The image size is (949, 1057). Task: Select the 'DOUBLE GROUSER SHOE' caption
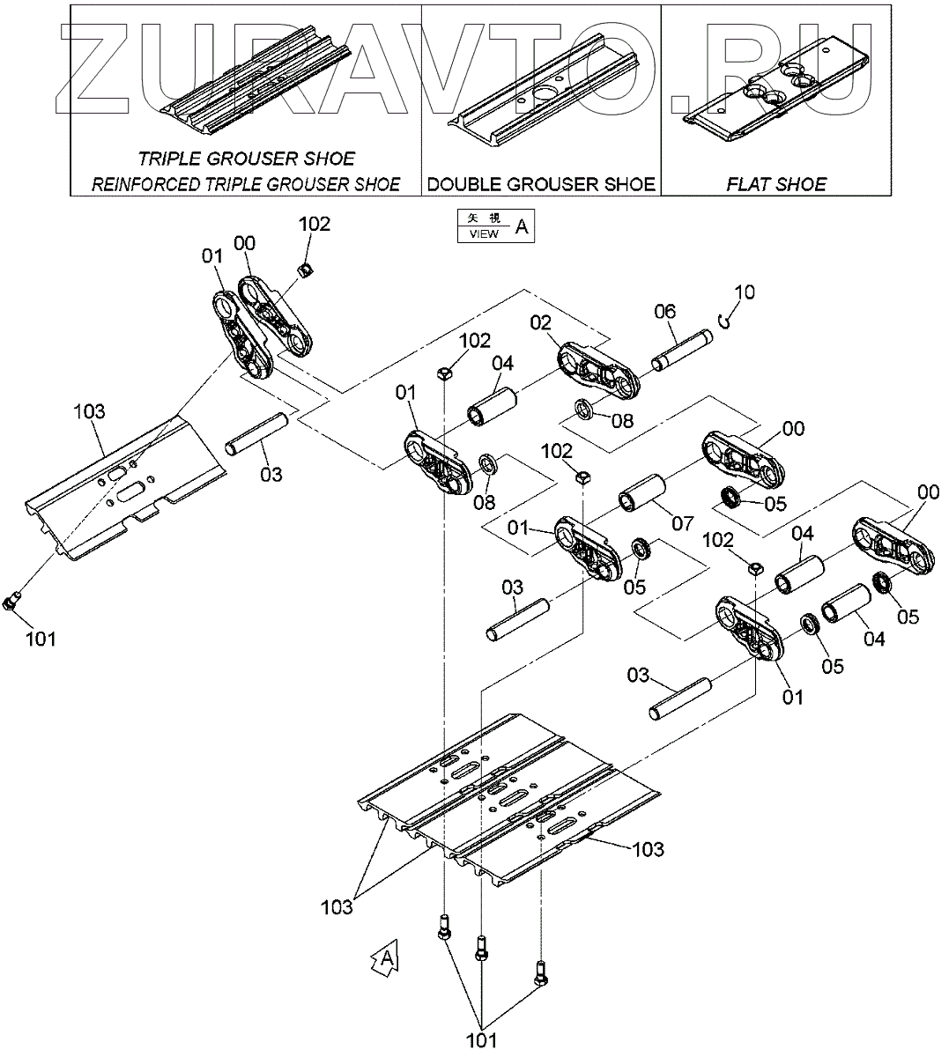coord(541,184)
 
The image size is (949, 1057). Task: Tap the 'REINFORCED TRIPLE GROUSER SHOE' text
coord(246,184)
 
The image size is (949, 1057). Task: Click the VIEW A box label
coord(495,225)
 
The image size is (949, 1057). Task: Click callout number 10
coord(745,292)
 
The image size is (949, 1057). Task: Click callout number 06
coord(664,312)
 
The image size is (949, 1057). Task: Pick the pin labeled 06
coord(682,351)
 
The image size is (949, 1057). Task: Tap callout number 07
coord(682,522)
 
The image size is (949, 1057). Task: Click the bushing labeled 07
coord(641,492)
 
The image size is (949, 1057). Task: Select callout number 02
coord(540,323)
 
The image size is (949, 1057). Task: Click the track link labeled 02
coord(598,371)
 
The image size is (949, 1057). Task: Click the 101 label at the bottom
coord(481,1039)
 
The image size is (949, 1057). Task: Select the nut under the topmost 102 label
coord(304,270)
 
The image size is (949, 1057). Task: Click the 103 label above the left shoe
coord(89,411)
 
